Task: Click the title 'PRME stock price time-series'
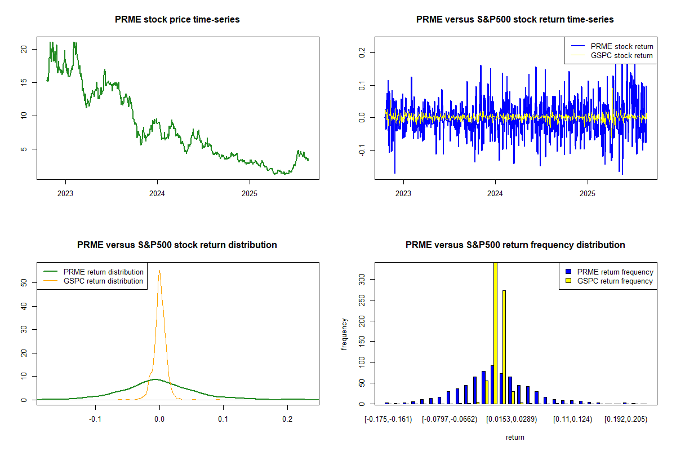[x=177, y=19]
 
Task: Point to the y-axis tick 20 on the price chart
[x=24, y=49]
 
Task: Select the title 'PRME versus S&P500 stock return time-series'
[x=515, y=19]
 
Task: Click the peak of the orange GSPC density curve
[x=159, y=271]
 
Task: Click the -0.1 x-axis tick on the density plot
[x=96, y=419]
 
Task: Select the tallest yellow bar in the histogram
[x=495, y=333]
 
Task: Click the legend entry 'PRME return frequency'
[x=620, y=272]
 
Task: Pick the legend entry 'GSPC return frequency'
[x=620, y=281]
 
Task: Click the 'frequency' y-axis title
[x=345, y=334]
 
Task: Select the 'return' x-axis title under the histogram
[x=515, y=437]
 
